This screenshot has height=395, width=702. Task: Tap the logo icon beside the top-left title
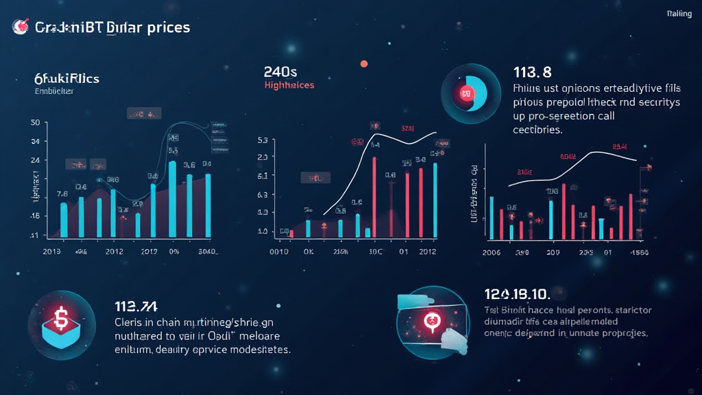click(x=19, y=27)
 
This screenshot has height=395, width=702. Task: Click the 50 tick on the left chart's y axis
click(x=35, y=123)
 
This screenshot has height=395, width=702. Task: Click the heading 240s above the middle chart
click(x=280, y=71)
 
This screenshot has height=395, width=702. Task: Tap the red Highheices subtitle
click(x=289, y=85)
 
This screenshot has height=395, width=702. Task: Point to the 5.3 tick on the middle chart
click(x=262, y=141)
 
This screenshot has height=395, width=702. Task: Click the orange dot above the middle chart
click(x=363, y=64)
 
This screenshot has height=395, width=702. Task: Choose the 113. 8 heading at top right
click(x=533, y=73)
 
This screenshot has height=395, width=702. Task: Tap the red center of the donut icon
click(x=467, y=93)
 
